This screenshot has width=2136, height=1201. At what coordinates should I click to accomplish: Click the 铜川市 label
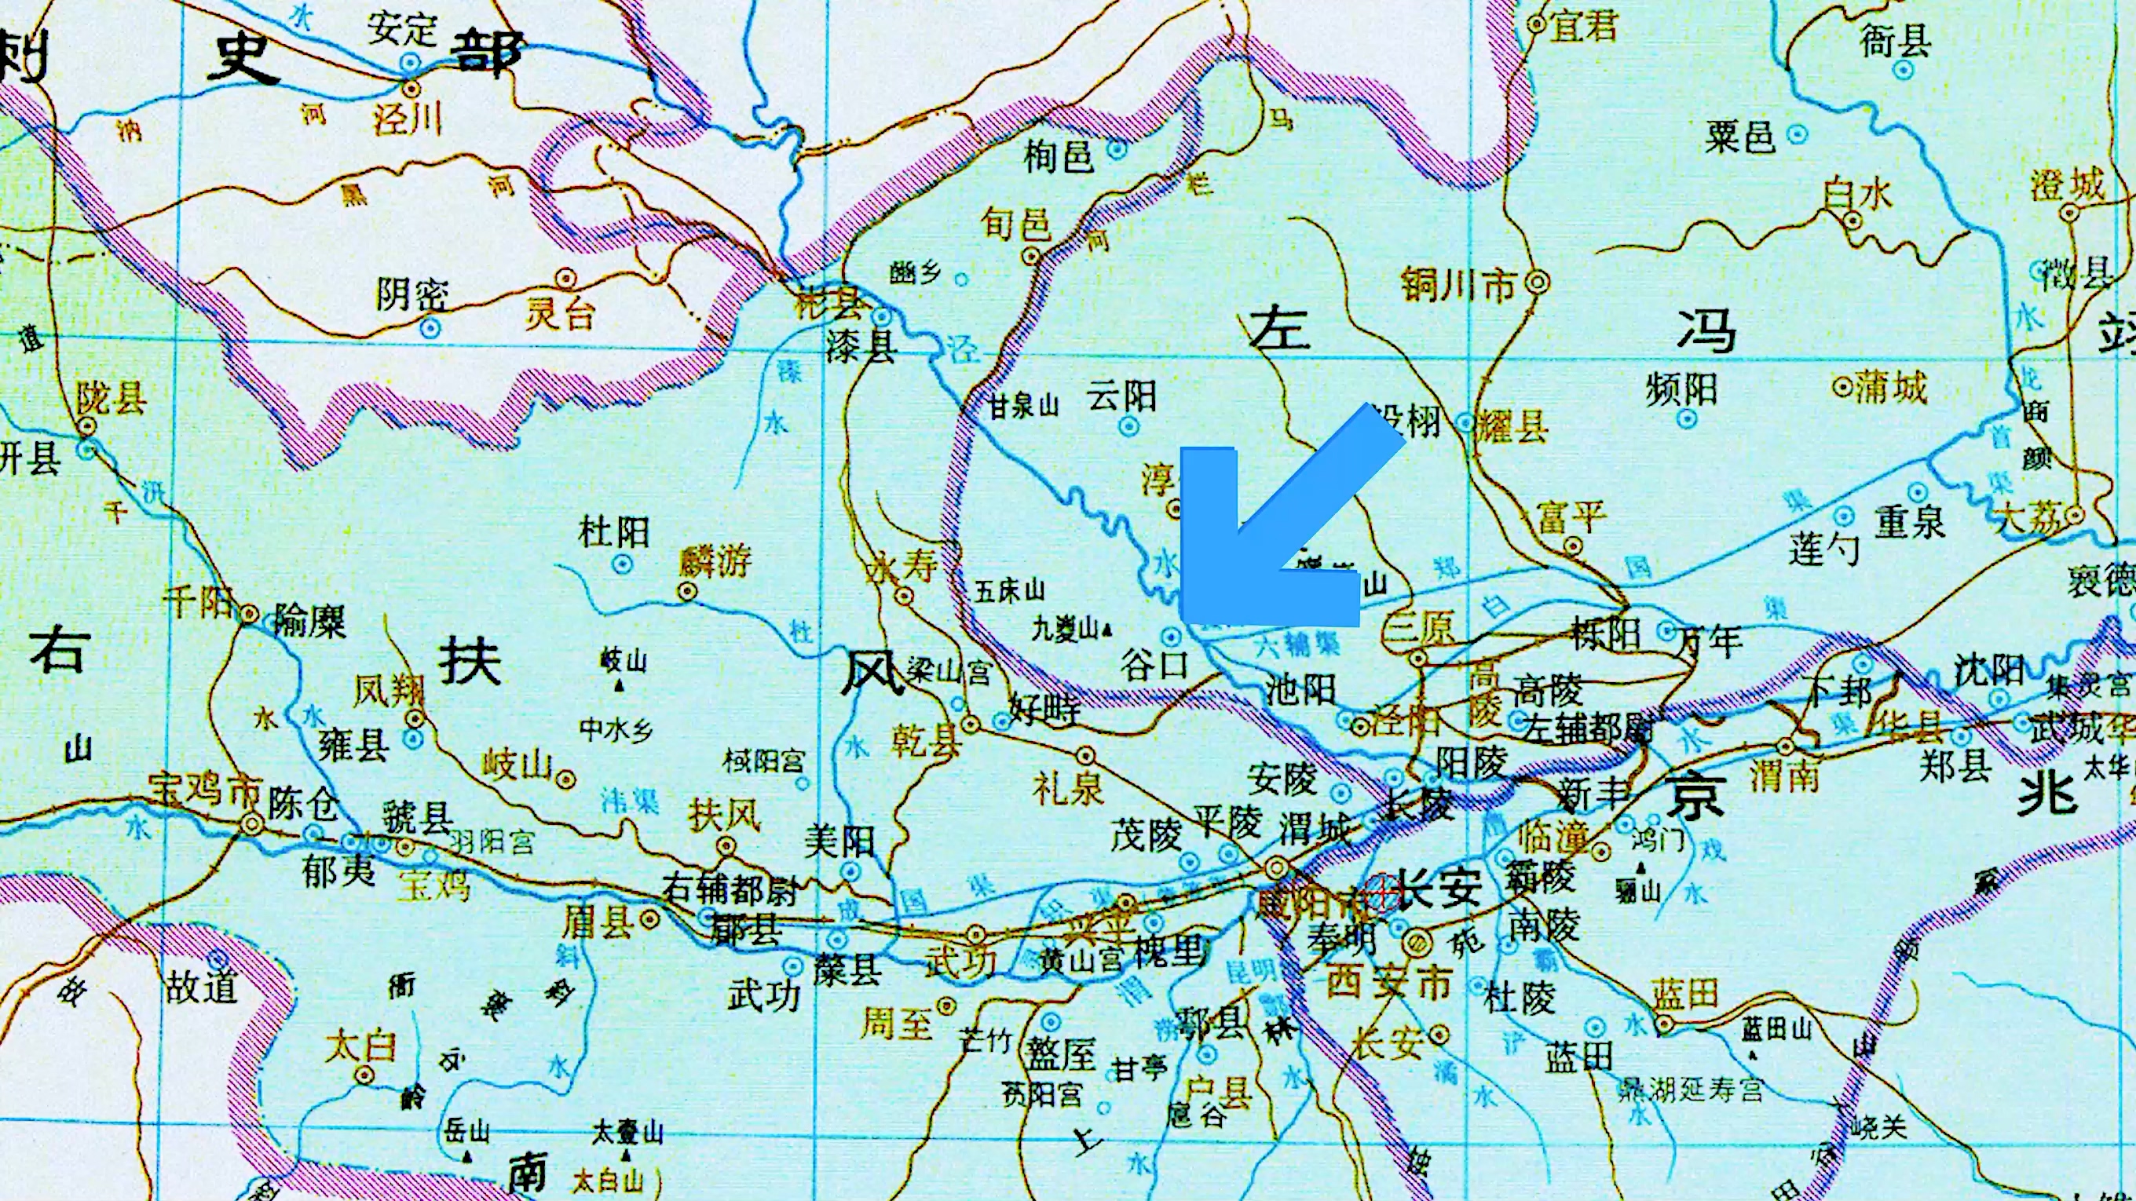(1457, 284)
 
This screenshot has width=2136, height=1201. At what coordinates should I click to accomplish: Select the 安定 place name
(402, 29)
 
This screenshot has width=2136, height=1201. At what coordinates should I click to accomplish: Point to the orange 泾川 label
(408, 120)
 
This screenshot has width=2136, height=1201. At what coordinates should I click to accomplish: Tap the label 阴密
(412, 294)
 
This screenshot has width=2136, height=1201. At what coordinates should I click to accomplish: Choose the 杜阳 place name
(613, 531)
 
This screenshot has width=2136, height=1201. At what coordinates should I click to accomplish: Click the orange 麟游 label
(714, 562)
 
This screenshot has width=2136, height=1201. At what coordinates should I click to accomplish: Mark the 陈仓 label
(302, 801)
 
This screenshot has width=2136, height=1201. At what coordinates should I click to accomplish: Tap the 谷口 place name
(1154, 665)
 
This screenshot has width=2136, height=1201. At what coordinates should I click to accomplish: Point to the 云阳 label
(1122, 396)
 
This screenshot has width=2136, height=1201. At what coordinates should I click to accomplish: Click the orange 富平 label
(1571, 517)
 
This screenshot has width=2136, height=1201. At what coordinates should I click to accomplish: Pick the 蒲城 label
(1889, 387)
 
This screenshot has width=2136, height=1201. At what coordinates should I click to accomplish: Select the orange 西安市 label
(1389, 983)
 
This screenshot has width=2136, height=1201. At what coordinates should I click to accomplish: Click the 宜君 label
(1584, 27)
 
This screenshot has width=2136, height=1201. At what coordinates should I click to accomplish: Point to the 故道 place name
(202, 987)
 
